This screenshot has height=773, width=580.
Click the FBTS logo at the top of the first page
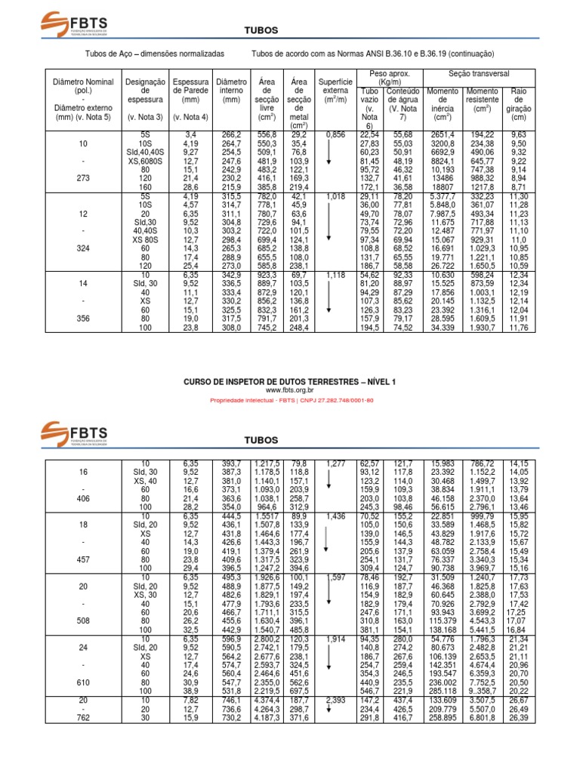[73, 23]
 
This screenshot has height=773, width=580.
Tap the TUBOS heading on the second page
[261, 439]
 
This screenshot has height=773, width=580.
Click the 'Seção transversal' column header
[479, 73]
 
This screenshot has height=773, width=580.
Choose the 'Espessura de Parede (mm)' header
[190, 90]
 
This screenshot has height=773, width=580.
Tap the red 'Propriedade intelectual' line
[290, 400]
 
